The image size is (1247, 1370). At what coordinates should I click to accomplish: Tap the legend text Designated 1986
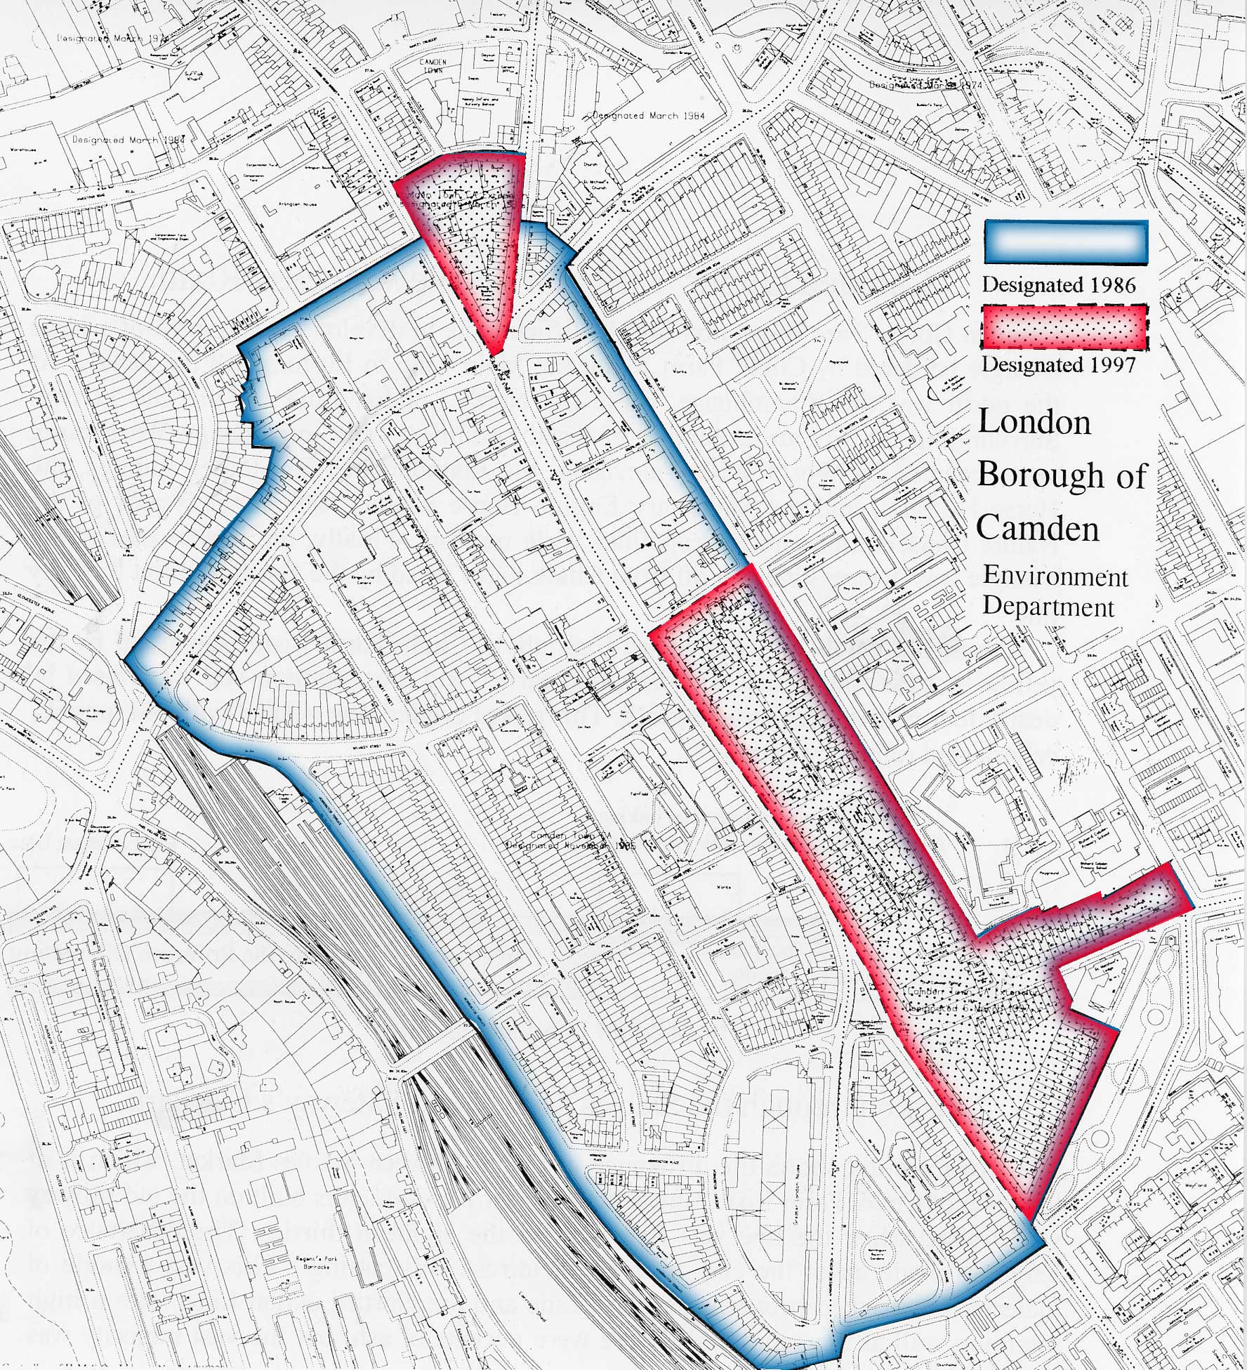point(1058,285)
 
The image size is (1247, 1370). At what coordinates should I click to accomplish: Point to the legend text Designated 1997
point(1058,364)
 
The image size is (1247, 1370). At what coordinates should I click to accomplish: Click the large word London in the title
point(1034,423)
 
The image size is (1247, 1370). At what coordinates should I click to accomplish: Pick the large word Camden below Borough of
point(1038,527)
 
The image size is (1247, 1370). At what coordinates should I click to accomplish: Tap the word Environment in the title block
point(1055,577)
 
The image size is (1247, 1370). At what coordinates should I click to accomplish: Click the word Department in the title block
point(1048,607)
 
